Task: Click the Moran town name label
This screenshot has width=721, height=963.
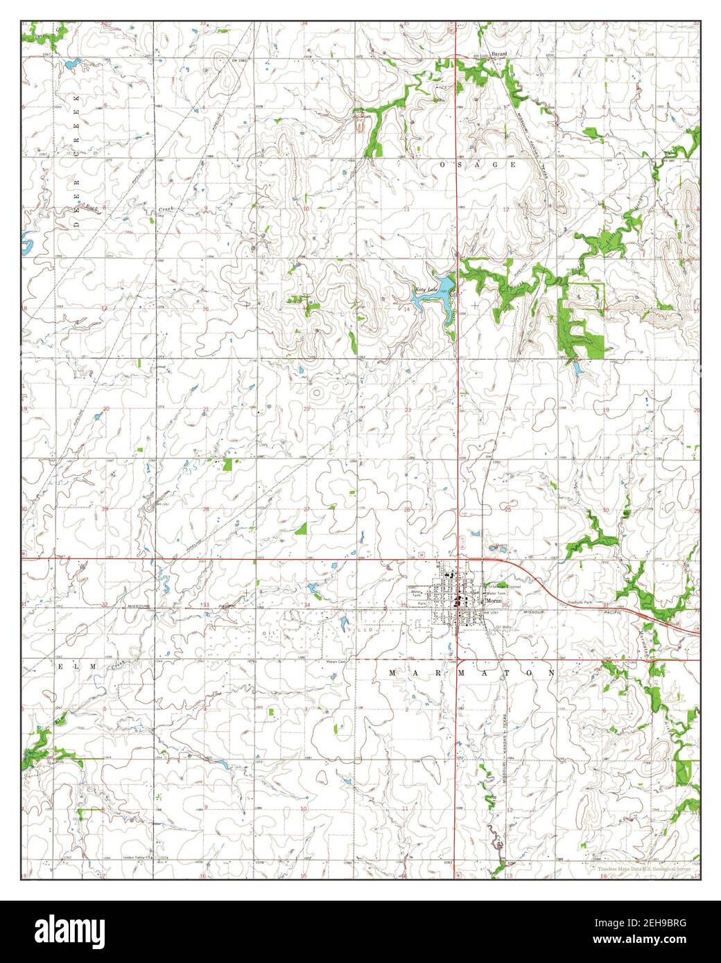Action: (493, 601)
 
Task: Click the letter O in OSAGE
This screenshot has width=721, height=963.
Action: (444, 165)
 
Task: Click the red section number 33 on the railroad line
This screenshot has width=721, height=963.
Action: (206, 605)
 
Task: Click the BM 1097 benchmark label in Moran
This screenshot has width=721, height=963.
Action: (491, 612)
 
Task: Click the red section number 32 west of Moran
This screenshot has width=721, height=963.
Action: (105, 605)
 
